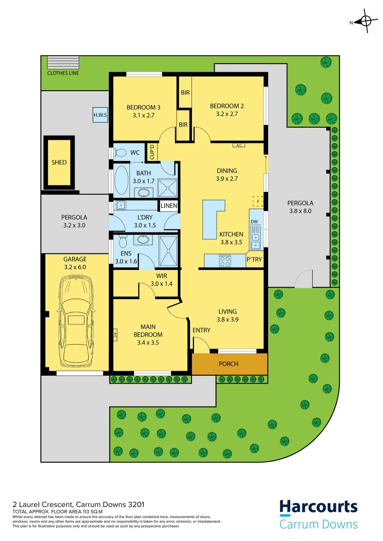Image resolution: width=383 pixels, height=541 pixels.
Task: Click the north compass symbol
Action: (365, 22)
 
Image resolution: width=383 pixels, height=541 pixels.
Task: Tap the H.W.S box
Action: (100, 115)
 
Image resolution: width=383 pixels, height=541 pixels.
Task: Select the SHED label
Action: (59, 162)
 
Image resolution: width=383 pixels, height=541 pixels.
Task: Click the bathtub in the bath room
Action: (121, 181)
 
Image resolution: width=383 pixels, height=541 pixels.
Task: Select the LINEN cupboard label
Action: (168, 206)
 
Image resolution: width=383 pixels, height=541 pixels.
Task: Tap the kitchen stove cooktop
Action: (225, 260)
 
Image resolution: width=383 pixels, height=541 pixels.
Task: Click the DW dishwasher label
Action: (254, 221)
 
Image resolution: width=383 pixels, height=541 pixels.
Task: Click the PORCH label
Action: (229, 364)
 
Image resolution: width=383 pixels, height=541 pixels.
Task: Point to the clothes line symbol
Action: (59, 63)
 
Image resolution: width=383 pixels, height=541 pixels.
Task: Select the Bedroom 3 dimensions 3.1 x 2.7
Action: (143, 114)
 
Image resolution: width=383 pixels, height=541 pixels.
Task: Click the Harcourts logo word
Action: (318, 507)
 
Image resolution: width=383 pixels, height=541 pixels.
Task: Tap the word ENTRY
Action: (202, 330)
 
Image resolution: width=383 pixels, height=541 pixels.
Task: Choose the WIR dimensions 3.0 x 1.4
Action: (161, 284)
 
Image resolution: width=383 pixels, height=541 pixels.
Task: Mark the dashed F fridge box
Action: (258, 201)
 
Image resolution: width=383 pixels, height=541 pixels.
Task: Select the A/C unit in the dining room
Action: (239, 145)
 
